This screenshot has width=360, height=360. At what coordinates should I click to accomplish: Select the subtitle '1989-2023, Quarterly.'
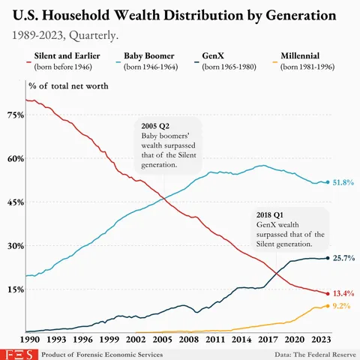point(65,34)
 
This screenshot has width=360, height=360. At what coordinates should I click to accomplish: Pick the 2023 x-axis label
point(318,339)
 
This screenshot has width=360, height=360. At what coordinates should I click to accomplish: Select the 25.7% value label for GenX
point(343,258)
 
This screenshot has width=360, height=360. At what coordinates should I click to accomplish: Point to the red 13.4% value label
point(343,293)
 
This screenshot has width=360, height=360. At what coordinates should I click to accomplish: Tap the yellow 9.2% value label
point(341,307)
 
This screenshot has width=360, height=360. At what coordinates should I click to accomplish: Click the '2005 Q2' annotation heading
point(156,125)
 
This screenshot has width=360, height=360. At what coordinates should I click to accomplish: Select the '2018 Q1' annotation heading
point(271,214)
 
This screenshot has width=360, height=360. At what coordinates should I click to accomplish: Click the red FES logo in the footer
point(14,352)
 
